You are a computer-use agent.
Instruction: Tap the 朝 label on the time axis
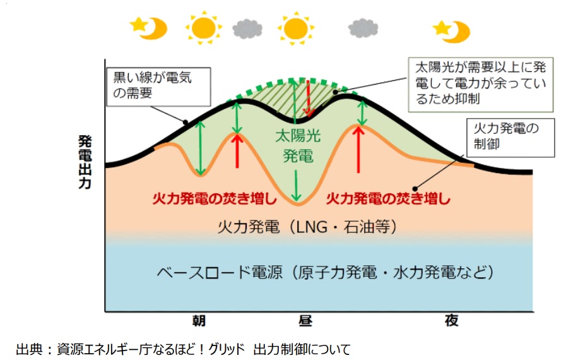pyautogui.click(x=201, y=321)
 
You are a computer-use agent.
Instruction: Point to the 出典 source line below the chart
pyautogui.click(x=183, y=348)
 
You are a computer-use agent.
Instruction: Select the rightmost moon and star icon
pyautogui.click(x=451, y=30)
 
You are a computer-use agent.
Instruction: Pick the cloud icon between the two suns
pyautogui.click(x=247, y=28)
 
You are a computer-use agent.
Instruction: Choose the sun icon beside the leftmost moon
pyautogui.click(x=203, y=28)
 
